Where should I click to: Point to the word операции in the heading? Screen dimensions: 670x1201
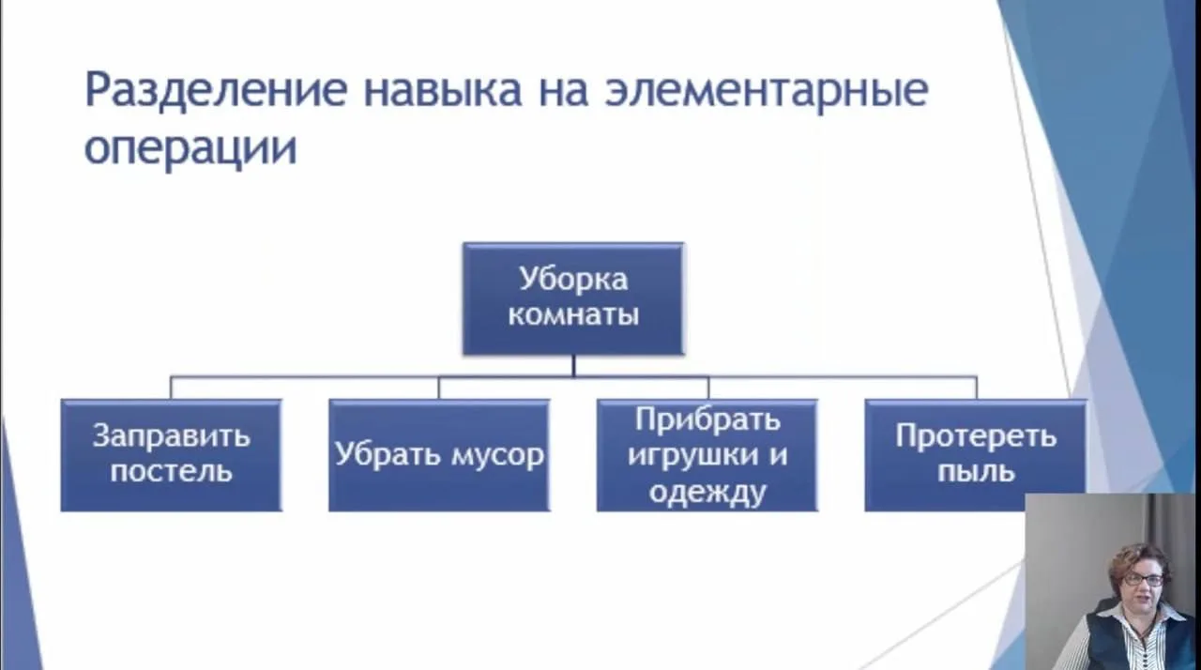click(190, 148)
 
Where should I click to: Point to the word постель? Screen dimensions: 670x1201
click(171, 470)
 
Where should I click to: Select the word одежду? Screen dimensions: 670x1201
click(707, 491)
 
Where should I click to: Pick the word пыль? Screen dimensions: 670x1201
click(976, 470)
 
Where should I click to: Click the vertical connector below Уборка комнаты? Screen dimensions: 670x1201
click(573, 366)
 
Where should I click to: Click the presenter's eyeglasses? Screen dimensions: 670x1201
click(1142, 580)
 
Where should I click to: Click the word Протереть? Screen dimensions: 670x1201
click(976, 436)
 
